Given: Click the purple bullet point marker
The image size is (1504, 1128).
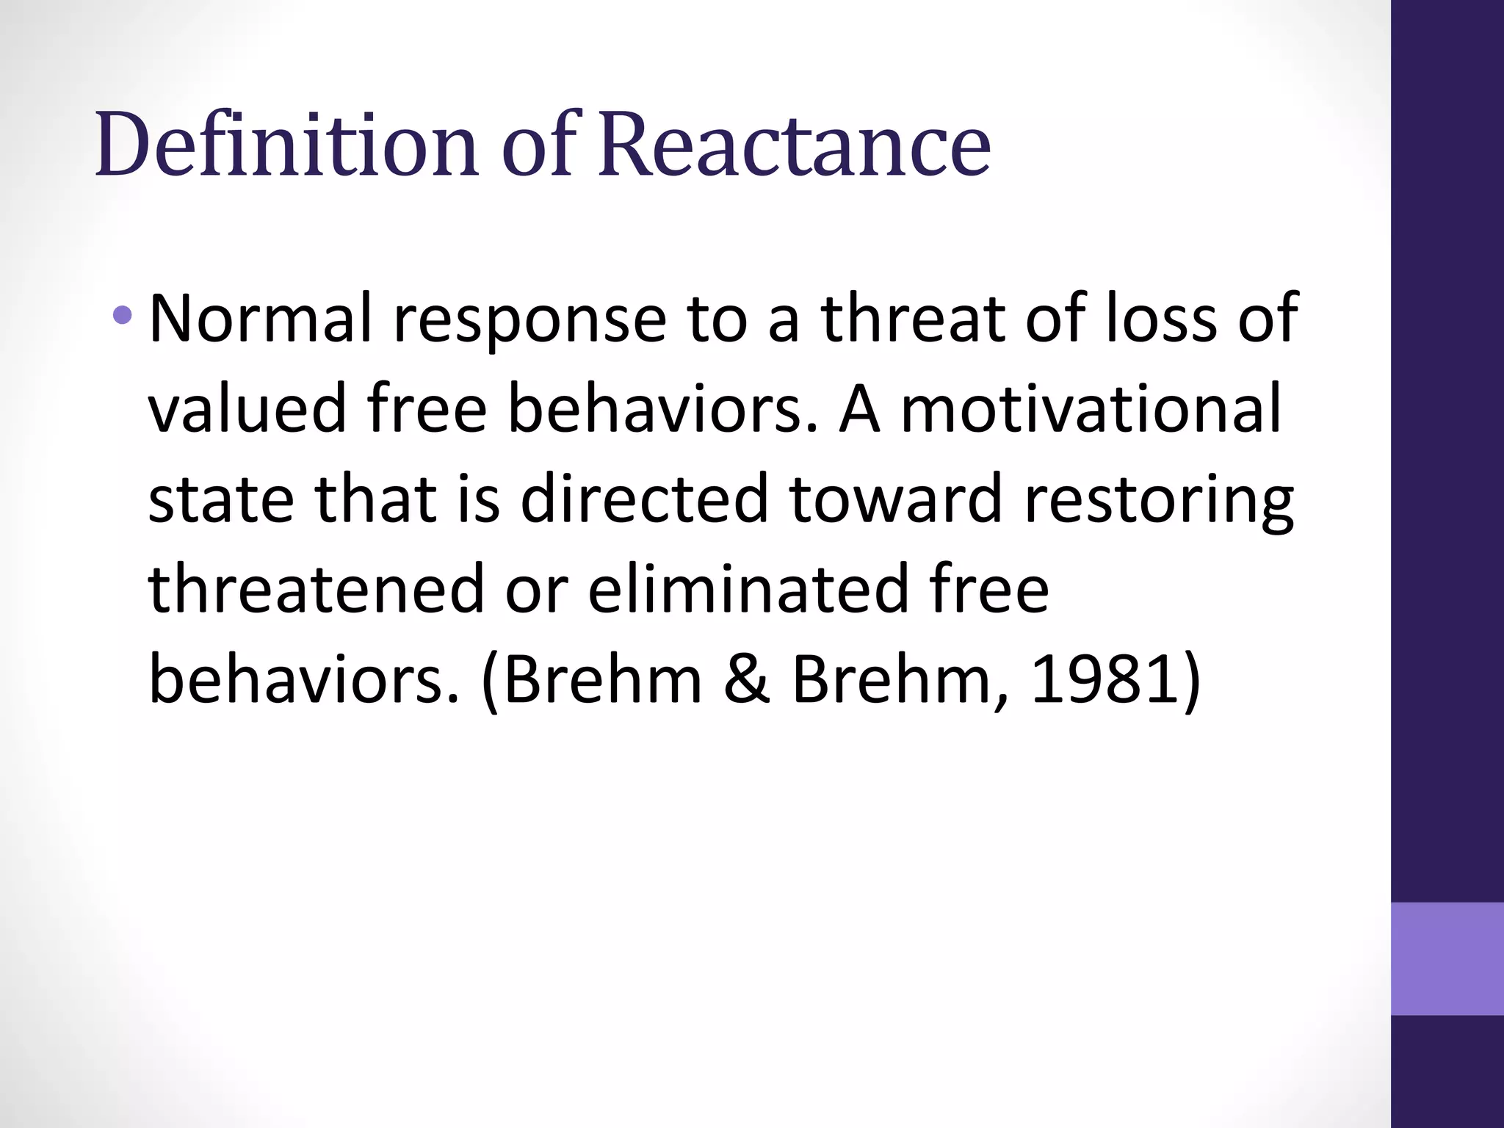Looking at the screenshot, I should coord(123,317).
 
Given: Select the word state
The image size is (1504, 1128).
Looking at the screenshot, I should coord(221,499).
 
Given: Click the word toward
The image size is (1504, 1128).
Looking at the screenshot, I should coord(895,499).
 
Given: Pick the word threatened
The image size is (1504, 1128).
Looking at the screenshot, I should coord(316,589).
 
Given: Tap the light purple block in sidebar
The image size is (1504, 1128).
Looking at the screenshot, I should coord(1447,958).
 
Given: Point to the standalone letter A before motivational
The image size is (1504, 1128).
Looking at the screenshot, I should coord(859,408).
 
